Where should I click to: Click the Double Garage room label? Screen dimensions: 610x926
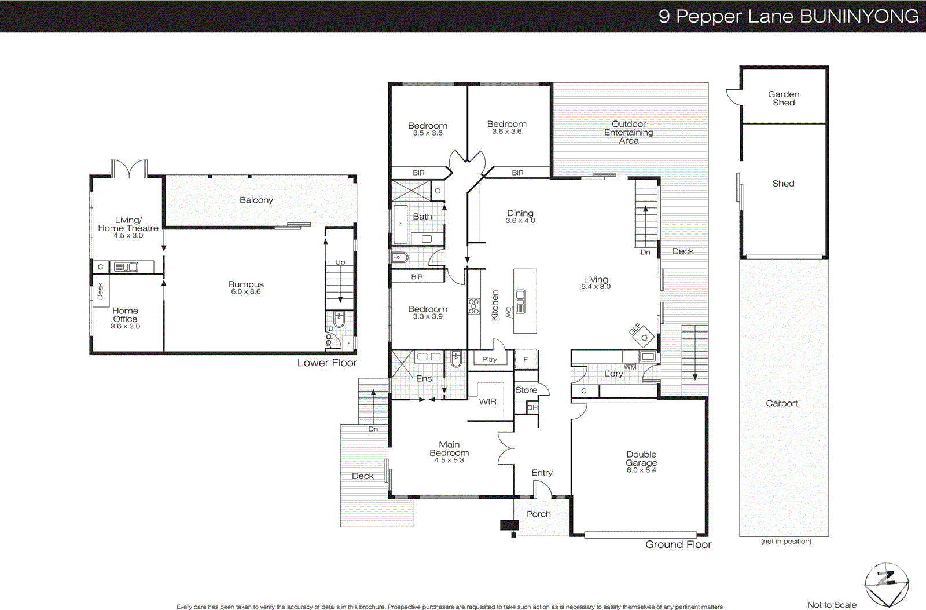tap(641, 459)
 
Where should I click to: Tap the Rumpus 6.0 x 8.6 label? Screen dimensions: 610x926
tap(246, 287)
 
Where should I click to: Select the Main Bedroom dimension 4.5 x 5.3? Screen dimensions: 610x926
tap(449, 461)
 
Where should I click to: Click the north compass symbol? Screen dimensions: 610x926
tap(886, 585)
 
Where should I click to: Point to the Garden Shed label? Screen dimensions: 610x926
tap(784, 98)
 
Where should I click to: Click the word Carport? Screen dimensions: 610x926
tap(781, 403)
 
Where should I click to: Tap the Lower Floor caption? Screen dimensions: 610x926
tap(327, 363)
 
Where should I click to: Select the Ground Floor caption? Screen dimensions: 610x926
tap(678, 545)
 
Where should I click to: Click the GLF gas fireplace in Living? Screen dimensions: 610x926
tap(643, 337)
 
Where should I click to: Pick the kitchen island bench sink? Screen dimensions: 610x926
tap(520, 301)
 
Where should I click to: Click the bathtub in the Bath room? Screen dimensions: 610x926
tap(400, 223)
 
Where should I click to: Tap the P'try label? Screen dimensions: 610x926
tap(490, 360)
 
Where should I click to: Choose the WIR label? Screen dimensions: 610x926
tap(487, 401)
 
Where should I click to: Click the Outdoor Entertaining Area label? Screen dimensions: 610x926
tap(629, 132)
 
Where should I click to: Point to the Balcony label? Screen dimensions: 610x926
tap(256, 200)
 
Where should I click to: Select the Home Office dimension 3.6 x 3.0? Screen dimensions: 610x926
tap(126, 327)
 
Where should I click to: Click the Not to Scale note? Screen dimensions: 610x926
tap(832, 605)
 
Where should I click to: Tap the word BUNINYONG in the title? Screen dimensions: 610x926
tap(859, 16)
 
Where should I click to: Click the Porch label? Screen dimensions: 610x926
tap(538, 514)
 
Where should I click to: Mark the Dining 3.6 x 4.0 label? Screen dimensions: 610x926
tap(520, 217)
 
